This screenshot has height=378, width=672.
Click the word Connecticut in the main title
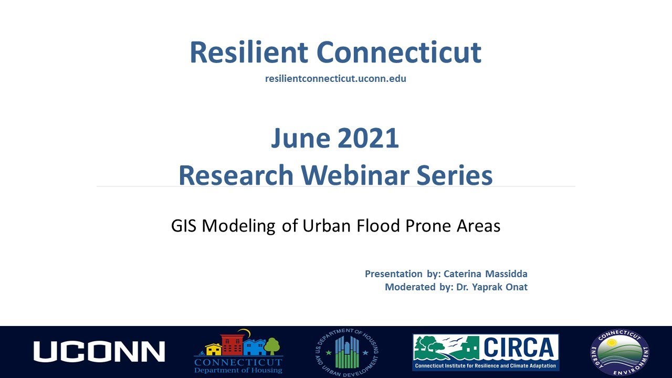[x=399, y=52]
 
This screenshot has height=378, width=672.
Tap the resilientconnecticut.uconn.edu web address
[x=335, y=79]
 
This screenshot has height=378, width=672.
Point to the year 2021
[x=368, y=138]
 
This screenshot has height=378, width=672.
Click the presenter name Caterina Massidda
[x=485, y=274]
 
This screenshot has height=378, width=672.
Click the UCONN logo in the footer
[x=99, y=351]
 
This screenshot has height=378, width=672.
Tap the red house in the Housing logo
[x=232, y=345]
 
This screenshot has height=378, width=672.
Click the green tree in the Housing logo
[x=272, y=346]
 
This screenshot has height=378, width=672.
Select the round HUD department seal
[x=346, y=352]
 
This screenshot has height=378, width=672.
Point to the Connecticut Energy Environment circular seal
[x=619, y=352]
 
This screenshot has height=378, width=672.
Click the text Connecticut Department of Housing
[x=238, y=366]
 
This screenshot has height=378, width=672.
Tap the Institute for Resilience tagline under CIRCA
[x=485, y=365]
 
